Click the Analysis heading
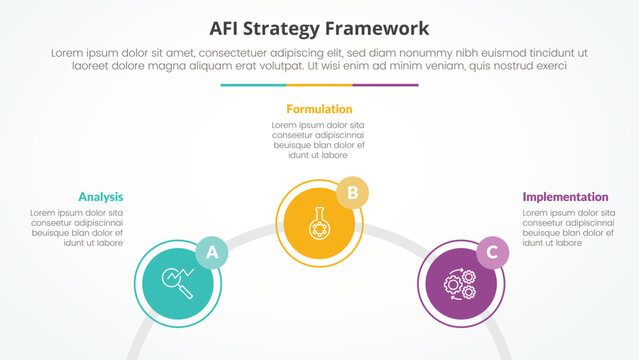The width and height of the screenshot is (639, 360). click(x=100, y=197)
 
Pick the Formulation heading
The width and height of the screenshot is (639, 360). click(x=319, y=109)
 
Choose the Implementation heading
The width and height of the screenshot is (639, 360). click(x=565, y=197)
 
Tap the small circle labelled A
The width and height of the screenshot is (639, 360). click(x=211, y=253)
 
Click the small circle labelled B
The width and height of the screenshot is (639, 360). click(x=351, y=192)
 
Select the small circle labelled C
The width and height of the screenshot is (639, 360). click(x=490, y=253)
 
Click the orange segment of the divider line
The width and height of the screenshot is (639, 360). click(x=319, y=85)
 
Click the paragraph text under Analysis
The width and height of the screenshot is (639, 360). click(x=77, y=228)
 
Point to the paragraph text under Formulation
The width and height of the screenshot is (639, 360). click(x=319, y=140)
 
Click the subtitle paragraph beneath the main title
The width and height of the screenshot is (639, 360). click(x=319, y=57)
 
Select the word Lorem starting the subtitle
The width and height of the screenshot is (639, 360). click(x=67, y=50)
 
